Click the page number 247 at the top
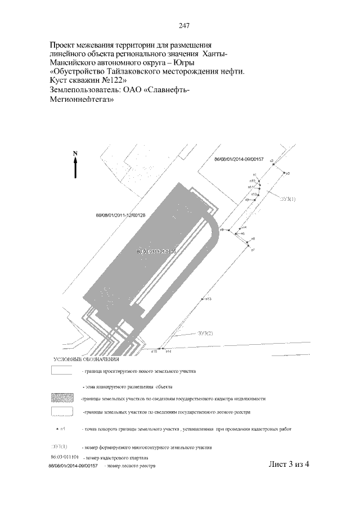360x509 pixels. point(184,25)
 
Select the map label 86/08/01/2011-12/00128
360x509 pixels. point(121,215)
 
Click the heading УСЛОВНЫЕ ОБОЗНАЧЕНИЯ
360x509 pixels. point(87,359)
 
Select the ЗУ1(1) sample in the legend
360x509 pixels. point(60,447)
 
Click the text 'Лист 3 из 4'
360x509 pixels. point(290,464)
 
